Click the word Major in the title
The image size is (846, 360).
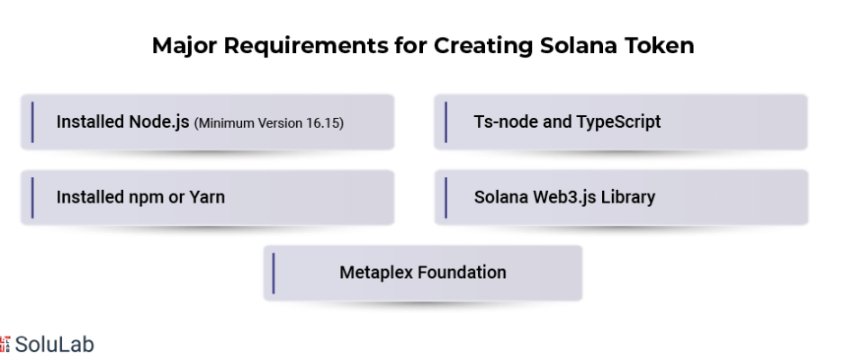184,47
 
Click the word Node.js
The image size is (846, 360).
159,122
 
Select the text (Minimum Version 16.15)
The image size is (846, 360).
269,123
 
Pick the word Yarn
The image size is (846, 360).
207,197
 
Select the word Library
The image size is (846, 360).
628,197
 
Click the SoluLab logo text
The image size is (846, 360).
55,345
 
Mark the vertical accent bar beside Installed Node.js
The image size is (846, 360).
32,122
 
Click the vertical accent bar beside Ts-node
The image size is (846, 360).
445,122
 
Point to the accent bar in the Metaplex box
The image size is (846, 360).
274,273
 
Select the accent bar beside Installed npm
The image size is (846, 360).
32,197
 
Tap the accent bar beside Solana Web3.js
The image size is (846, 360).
445,197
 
